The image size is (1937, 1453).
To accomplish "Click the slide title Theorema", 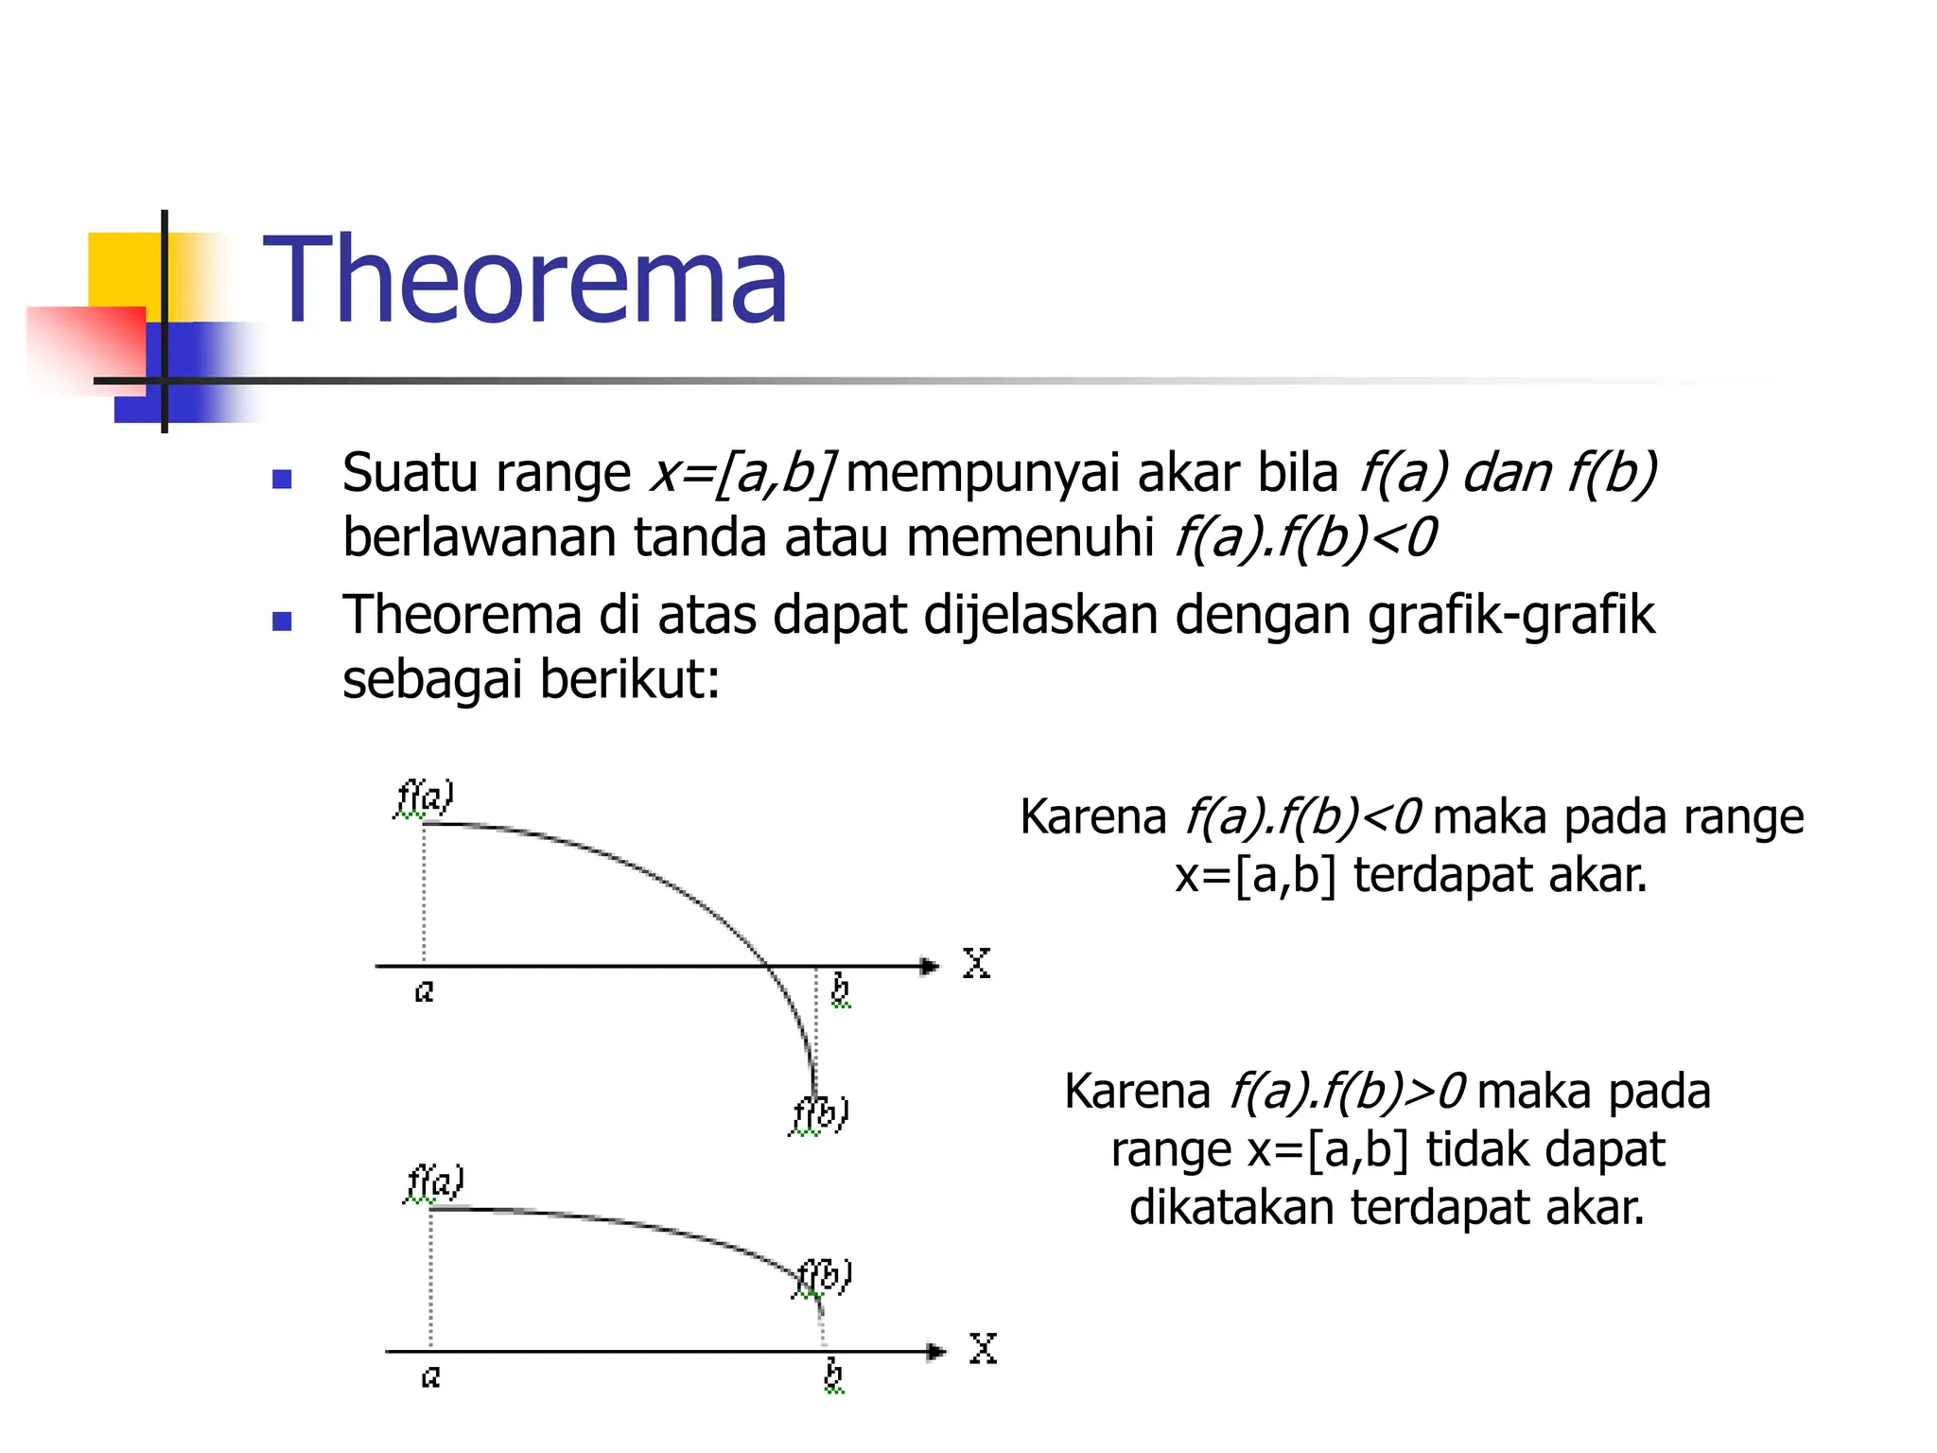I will [x=525, y=281].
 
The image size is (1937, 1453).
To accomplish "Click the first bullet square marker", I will [x=281, y=479].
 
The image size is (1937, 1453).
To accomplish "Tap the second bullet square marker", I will [x=281, y=621].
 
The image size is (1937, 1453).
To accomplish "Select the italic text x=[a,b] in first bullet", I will [x=742, y=473].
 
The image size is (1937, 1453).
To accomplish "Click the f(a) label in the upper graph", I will [x=425, y=797].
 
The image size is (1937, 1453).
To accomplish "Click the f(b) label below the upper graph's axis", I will [x=820, y=1114].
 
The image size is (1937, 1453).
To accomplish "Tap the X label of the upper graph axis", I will [x=976, y=964].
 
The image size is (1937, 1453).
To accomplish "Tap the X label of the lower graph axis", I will [x=983, y=1349].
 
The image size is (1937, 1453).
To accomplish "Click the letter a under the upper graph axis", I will [x=425, y=991].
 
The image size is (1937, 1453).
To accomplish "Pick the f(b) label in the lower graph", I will [x=824, y=1277].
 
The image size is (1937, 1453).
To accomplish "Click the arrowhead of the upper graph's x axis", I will [x=931, y=966].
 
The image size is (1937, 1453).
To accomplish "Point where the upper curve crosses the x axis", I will [x=767, y=966].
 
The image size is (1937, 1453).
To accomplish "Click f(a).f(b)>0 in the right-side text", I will [x=1347, y=1092].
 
